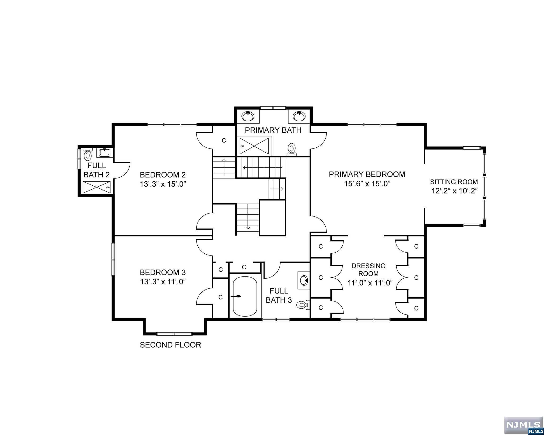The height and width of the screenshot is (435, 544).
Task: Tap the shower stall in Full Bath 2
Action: tap(97, 187)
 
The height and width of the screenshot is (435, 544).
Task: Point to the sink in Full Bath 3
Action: tap(304, 280)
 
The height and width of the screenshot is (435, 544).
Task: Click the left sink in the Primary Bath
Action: tap(248, 116)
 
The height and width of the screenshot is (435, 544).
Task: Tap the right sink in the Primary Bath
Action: tap(299, 116)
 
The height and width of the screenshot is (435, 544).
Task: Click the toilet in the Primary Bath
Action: tap(292, 149)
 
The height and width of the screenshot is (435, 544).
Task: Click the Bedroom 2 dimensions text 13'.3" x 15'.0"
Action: tap(163, 184)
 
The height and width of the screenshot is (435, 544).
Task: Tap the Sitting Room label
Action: tap(454, 182)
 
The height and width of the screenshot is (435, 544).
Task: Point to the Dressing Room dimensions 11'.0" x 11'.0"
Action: tap(370, 283)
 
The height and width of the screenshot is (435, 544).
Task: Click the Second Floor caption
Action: tap(170, 345)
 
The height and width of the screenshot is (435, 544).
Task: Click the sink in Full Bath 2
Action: tap(104, 152)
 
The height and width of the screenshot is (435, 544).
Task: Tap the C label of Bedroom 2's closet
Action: tap(224, 140)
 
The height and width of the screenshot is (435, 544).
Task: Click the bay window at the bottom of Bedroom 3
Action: tap(174, 334)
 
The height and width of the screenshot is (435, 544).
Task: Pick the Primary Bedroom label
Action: tap(367, 174)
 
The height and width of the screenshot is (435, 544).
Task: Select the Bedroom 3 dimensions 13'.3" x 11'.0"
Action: tap(163, 282)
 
